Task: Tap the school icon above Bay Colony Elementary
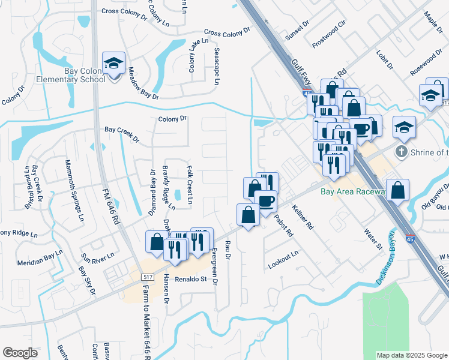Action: point(112,63)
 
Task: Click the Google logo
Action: point(20,352)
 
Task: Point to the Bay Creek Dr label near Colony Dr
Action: point(121,134)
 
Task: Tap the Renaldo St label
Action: point(191,279)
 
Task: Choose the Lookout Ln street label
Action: point(283,259)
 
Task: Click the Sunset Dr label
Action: point(297,31)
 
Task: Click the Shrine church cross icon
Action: point(403,151)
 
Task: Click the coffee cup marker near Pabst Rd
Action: point(265,201)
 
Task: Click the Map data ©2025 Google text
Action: point(411,355)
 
